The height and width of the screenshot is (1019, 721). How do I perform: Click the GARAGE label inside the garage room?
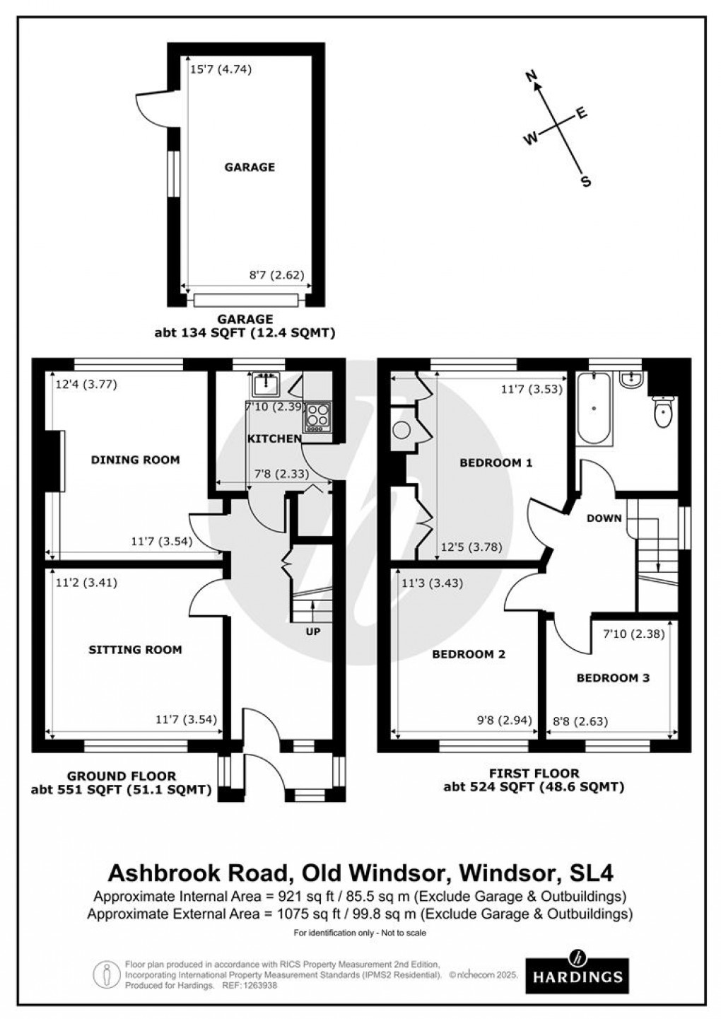click(250, 168)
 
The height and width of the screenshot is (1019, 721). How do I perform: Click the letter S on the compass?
click(585, 182)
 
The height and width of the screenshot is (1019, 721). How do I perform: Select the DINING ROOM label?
click(135, 460)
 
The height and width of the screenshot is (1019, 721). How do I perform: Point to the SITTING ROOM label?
click(135, 650)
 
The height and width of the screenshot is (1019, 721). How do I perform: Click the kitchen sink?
click(266, 385)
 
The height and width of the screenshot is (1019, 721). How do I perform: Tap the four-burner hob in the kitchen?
click(317, 417)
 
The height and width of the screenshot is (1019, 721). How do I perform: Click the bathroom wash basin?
click(630, 380)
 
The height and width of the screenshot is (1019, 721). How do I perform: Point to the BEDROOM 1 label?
click(496, 463)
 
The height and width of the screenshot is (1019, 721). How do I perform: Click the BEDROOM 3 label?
click(613, 678)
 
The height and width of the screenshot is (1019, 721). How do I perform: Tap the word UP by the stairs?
click(313, 631)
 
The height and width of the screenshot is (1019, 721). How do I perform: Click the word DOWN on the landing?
click(604, 518)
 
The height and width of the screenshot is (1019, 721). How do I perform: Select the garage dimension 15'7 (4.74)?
click(221, 69)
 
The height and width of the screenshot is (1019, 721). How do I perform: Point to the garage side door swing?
click(151, 107)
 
